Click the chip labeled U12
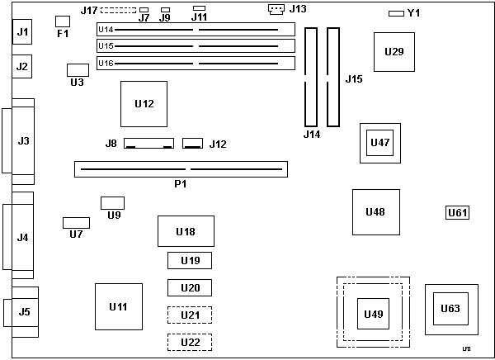click(144, 103)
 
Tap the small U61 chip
click(457, 213)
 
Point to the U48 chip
click(375, 212)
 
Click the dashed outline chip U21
click(190, 315)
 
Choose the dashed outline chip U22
click(190, 342)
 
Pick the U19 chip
click(190, 261)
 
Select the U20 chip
click(190, 288)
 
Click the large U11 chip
click(118, 307)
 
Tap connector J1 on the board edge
click(23, 33)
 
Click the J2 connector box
click(23, 66)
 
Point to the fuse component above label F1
click(63, 20)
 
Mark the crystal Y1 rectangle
click(396, 13)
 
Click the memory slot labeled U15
click(195, 45)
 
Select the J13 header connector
click(276, 9)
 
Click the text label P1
click(180, 183)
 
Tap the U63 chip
click(450, 309)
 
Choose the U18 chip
click(186, 231)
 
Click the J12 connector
click(192, 143)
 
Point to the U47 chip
click(380, 143)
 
